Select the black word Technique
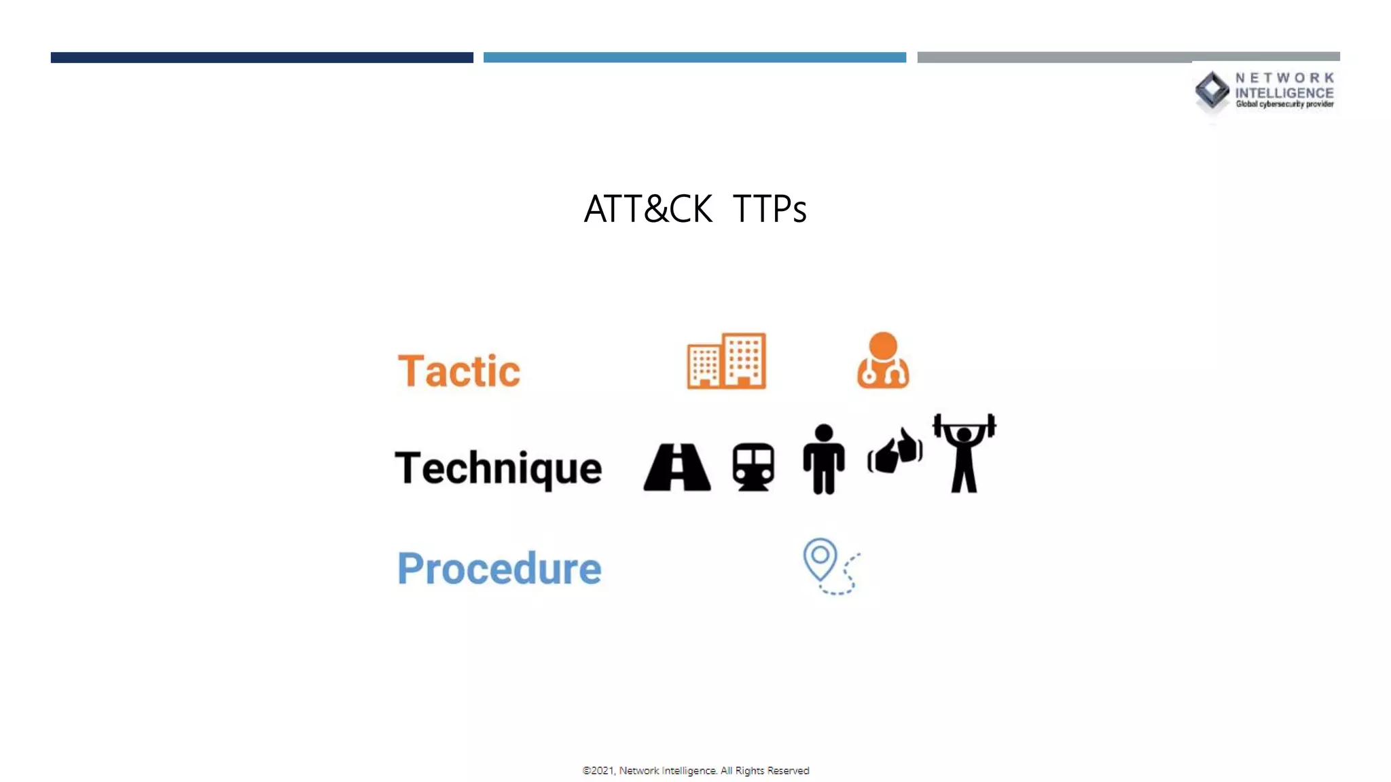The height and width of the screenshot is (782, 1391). click(498, 468)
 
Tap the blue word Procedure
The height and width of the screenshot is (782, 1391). click(499, 568)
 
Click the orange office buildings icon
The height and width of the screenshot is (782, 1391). click(726, 360)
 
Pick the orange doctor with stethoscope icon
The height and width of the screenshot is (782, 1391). click(883, 360)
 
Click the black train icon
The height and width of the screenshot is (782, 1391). click(753, 467)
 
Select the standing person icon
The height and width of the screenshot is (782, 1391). click(823, 459)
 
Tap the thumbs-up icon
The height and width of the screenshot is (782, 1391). click(895, 450)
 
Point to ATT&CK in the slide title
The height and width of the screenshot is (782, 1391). click(648, 208)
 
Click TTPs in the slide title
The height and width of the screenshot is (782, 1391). click(770, 208)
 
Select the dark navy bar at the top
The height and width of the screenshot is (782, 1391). click(261, 58)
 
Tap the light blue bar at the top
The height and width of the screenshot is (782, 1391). click(694, 58)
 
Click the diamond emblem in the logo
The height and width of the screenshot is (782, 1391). click(1212, 90)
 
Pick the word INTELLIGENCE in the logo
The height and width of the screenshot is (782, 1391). click(1284, 93)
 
